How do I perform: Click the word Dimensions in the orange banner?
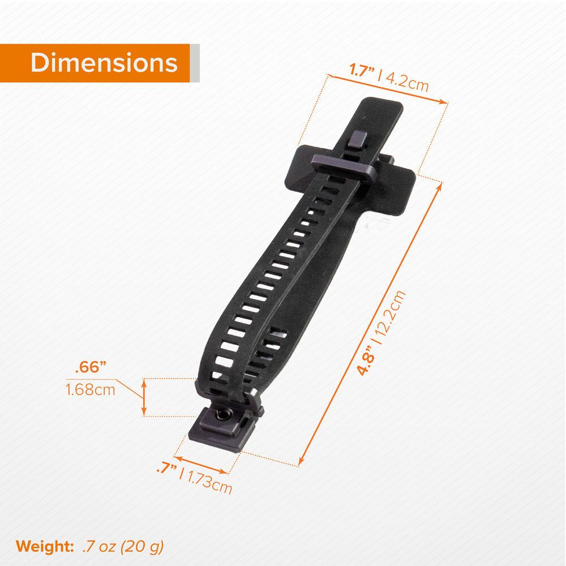[104, 63]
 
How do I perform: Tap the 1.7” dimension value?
[362, 70]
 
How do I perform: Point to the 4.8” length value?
[365, 360]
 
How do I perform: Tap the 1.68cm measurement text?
[90, 390]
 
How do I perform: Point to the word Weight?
[45, 546]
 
